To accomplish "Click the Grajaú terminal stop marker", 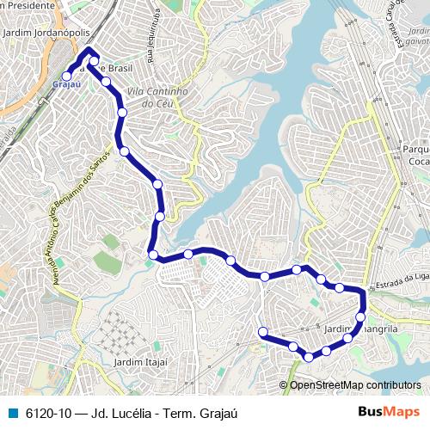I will [67, 77].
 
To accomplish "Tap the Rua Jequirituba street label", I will [151, 35].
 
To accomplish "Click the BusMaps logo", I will [389, 412].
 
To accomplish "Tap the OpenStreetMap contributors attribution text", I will [359, 384].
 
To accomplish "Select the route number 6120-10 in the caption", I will [49, 413].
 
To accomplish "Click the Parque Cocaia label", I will [415, 155].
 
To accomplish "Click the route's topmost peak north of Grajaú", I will [88, 53].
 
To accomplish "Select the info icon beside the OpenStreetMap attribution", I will [284, 384].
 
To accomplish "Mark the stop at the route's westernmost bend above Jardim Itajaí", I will [153, 255].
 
